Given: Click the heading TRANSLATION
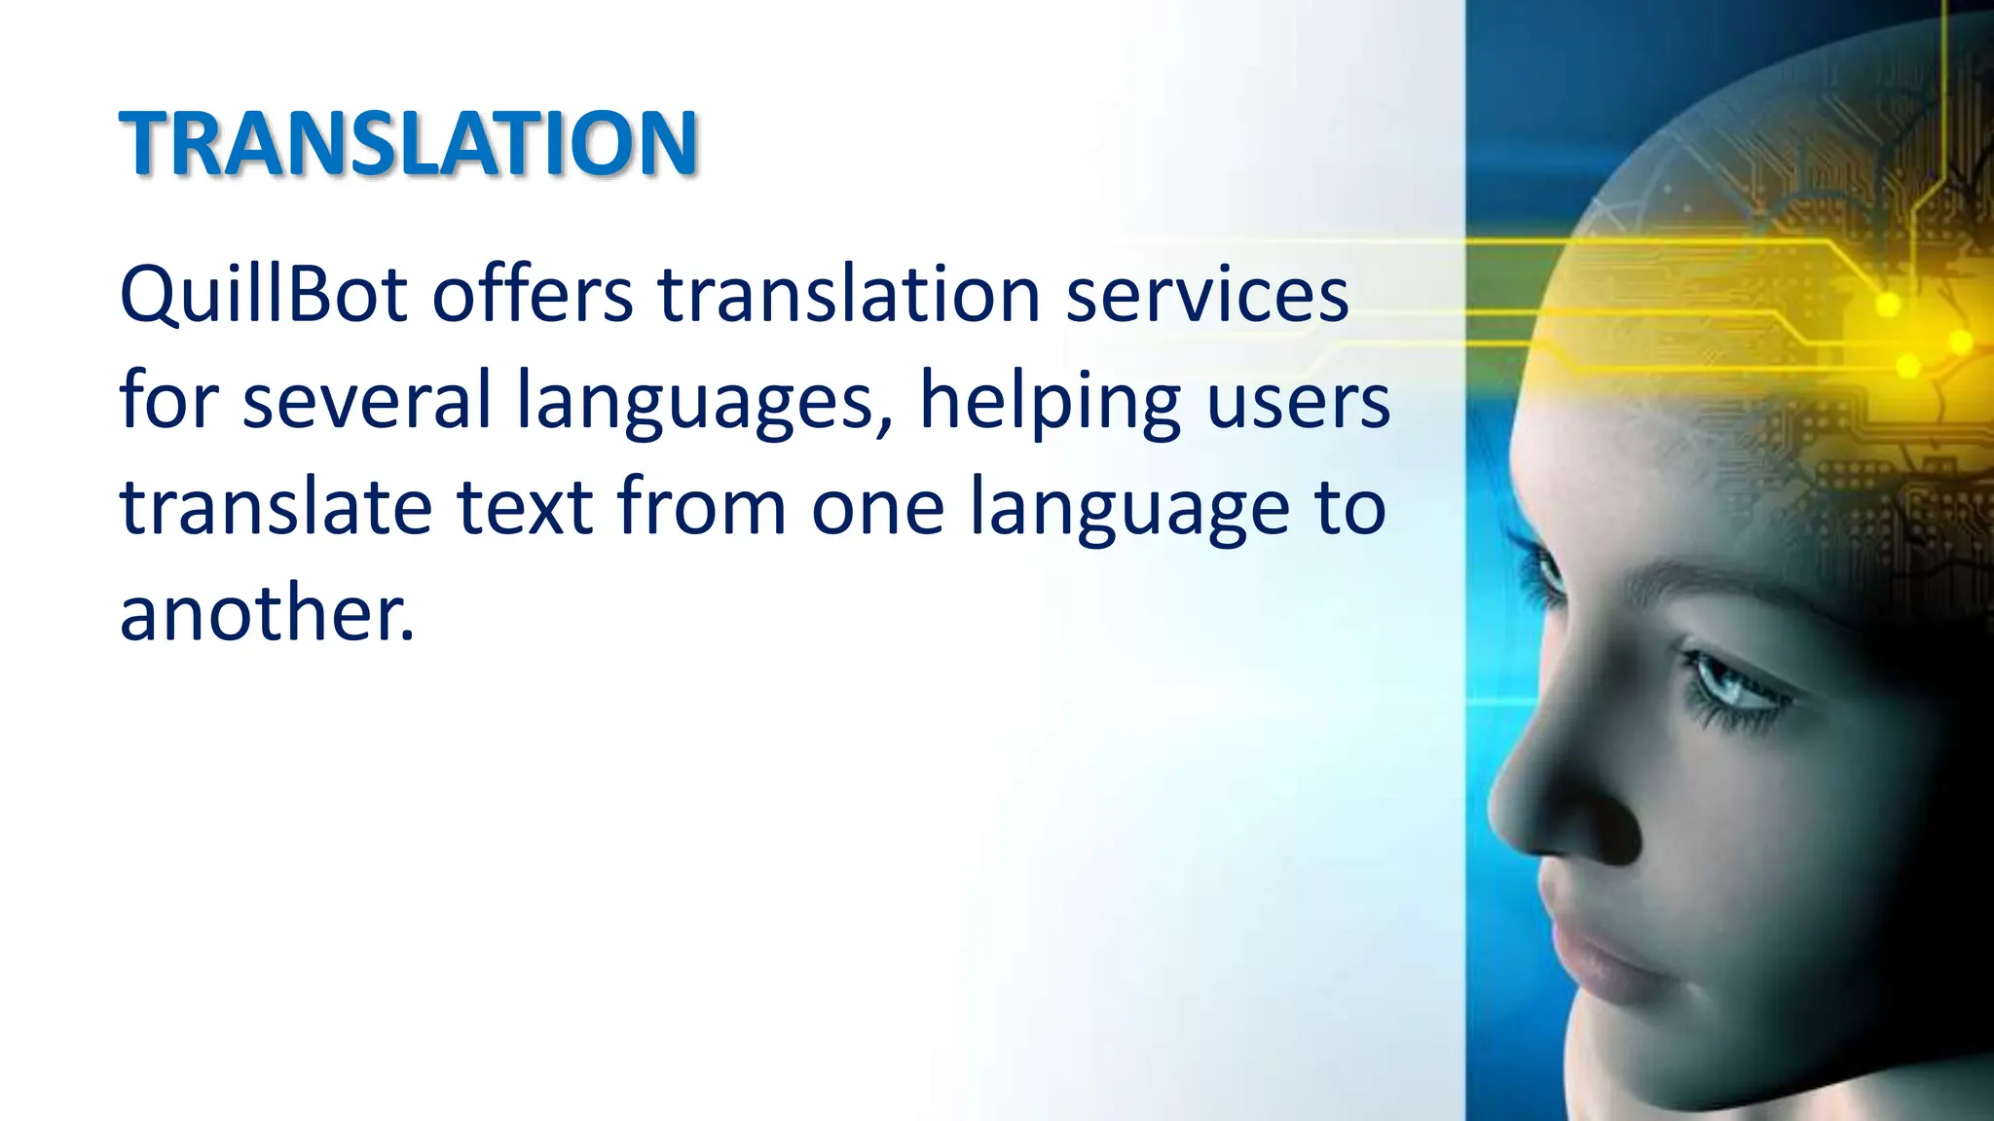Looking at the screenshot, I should pos(408,143).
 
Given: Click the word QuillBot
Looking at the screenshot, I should pos(263,294).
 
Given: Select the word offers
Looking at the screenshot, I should pos(533,294).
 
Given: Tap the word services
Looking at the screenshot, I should pos(1207,294).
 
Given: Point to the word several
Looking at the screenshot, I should pos(366,400).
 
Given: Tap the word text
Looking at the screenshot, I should pos(525,507).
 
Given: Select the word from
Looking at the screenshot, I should pos(701,507).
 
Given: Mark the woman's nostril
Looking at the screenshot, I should pos(1606,837).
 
